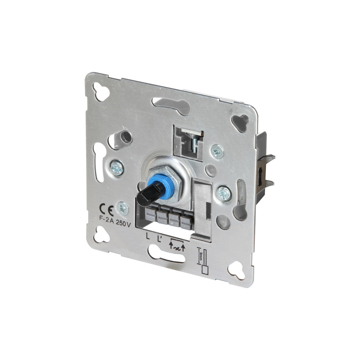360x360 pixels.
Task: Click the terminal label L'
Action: pyautogui.click(x=159, y=239)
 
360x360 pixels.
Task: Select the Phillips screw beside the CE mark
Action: pyautogui.click(x=123, y=208)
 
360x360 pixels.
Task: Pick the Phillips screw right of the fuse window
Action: pyautogui.click(x=217, y=152)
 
